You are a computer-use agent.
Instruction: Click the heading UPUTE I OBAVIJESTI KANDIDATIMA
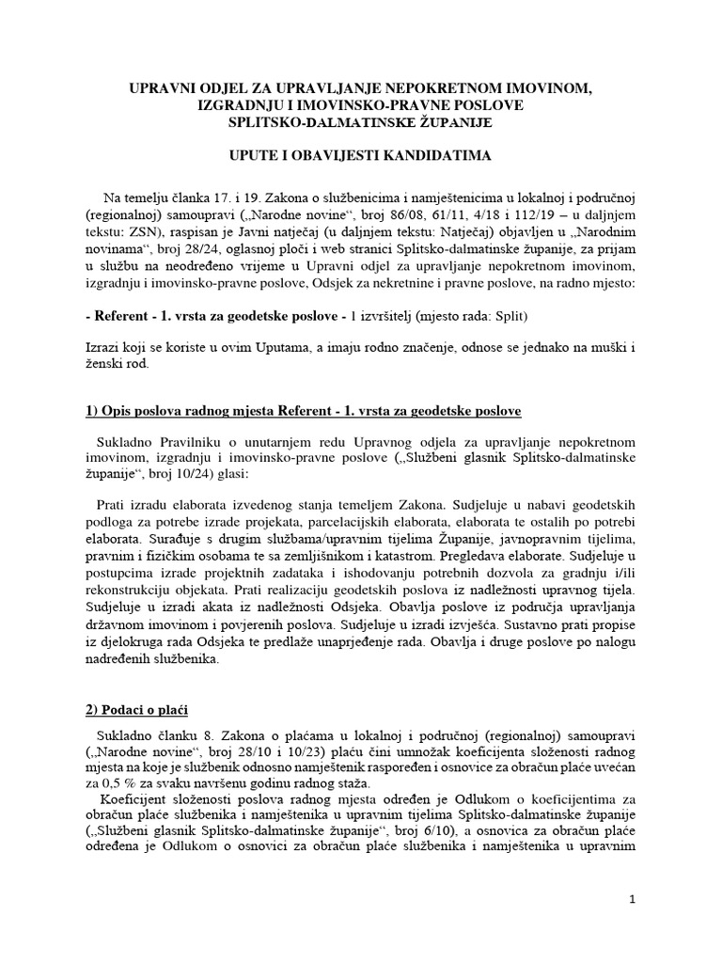pos(361,155)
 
